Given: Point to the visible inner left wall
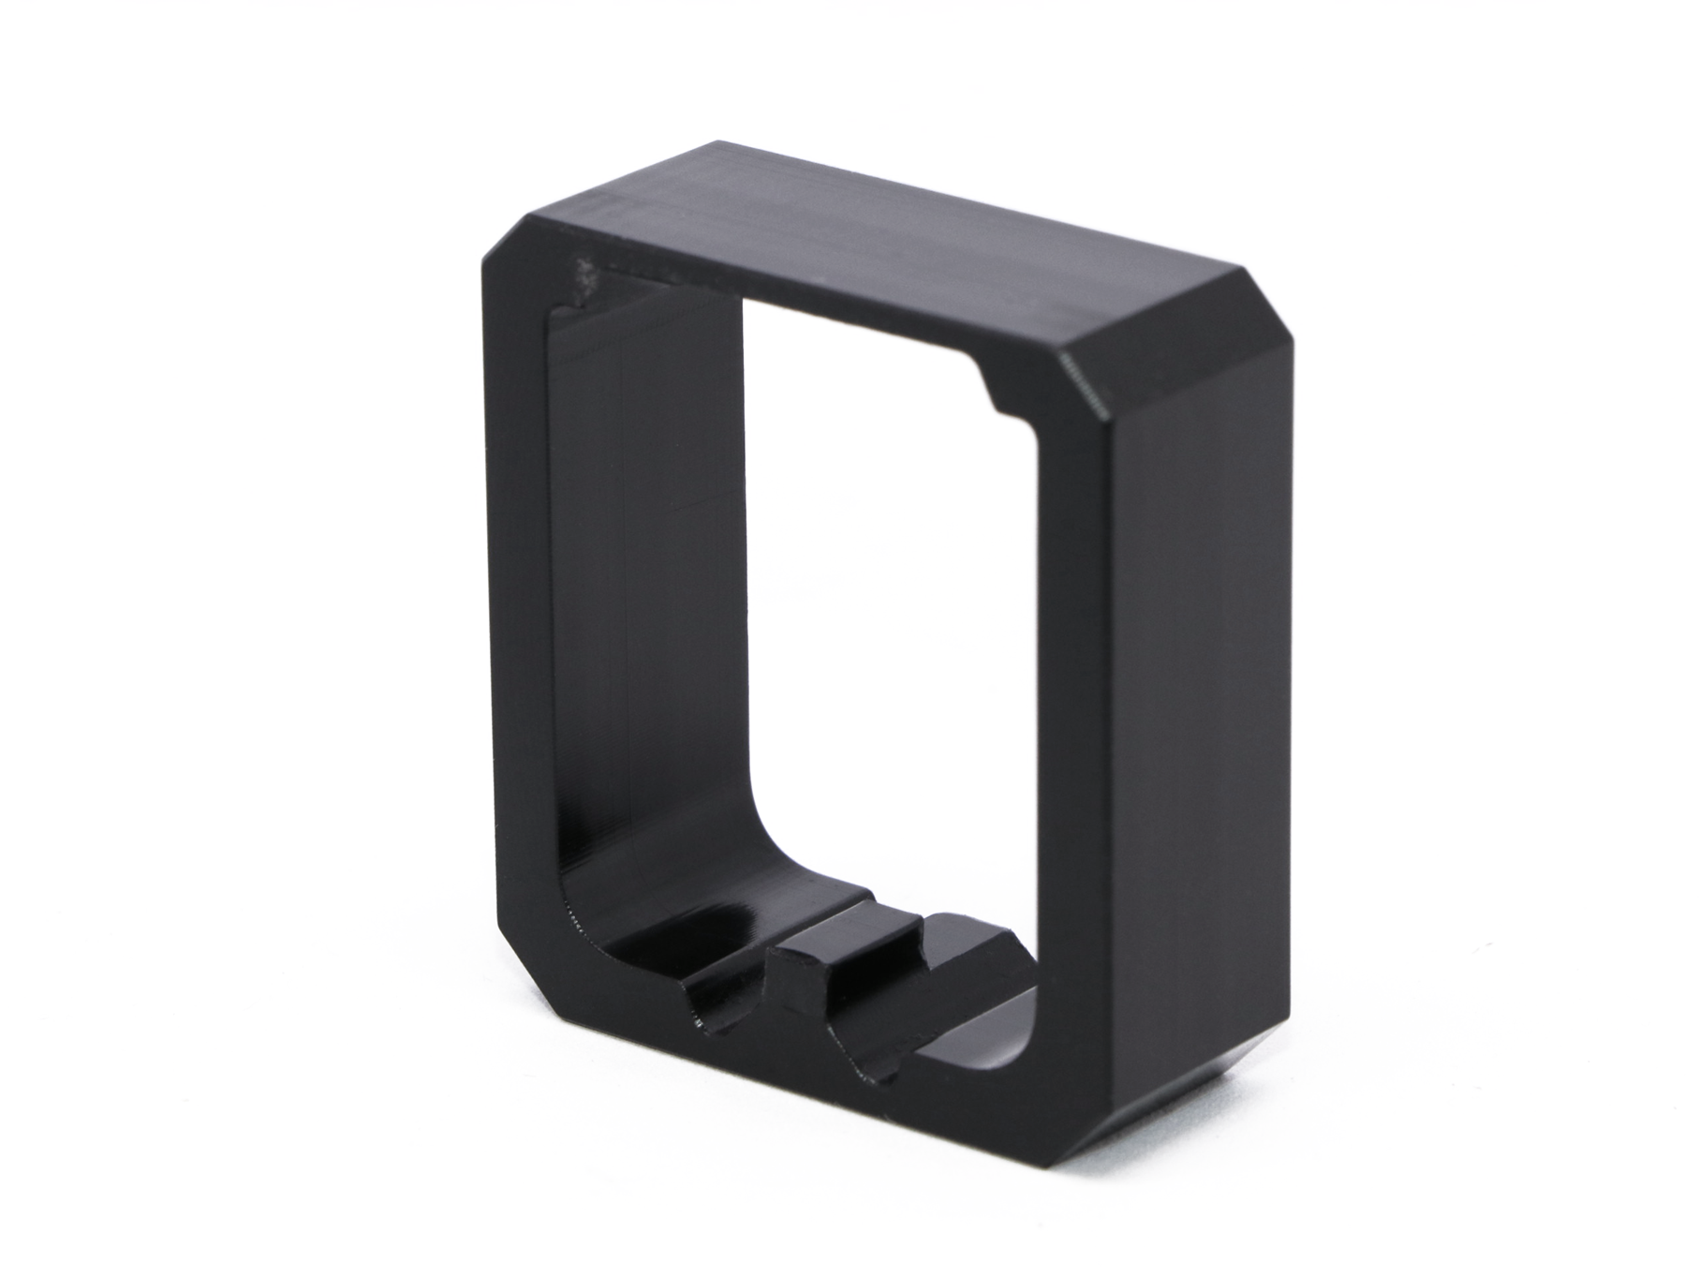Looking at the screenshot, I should [646, 562].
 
